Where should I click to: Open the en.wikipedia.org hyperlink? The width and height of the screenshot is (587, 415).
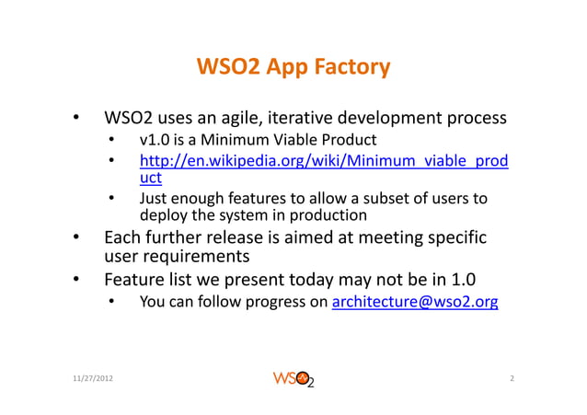(x=323, y=164)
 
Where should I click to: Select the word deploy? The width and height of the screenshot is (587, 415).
(x=160, y=215)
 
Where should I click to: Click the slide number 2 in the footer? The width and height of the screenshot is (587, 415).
(x=510, y=379)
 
